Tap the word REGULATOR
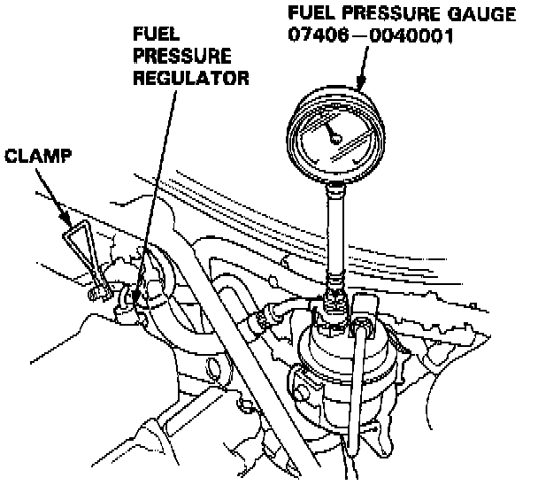pyautogui.click(x=190, y=78)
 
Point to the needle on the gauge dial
pyautogui.click(x=334, y=134)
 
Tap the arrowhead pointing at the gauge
pyautogui.click(x=360, y=84)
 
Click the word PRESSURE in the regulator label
pyautogui.click(x=170, y=54)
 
